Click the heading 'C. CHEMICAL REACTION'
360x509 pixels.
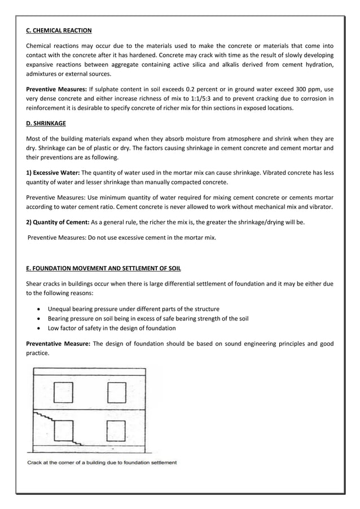(x=59, y=30)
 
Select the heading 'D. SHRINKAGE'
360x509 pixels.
(x=47, y=123)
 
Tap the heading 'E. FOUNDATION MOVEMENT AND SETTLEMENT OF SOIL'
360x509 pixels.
(x=104, y=267)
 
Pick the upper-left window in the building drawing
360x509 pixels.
(x=63, y=391)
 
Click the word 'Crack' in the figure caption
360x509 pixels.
(x=36, y=463)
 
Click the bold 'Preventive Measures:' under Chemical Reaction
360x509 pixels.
(x=56, y=89)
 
